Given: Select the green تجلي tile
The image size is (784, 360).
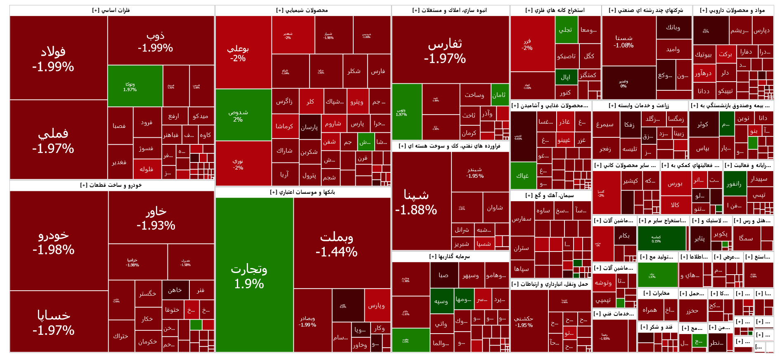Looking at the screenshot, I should click(566, 30).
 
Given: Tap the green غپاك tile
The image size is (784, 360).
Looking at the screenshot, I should click(523, 175).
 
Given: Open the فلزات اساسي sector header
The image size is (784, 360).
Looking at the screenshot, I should click(111, 10).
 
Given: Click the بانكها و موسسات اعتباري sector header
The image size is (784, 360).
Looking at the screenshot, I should click(302, 192).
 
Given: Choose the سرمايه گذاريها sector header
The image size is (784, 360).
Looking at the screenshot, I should click(450, 256).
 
